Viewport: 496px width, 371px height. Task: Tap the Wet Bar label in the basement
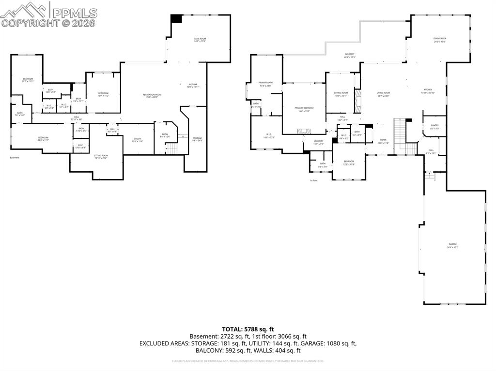coord(193,86)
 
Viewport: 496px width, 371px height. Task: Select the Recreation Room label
coord(152,95)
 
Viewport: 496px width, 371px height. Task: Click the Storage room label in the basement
coord(197,139)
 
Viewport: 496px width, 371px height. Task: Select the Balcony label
coord(350,55)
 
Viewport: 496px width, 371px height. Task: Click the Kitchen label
coord(428,90)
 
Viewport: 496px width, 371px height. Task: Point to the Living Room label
coord(383,94)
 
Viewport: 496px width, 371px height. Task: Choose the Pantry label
coord(434,127)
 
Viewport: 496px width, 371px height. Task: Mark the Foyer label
coord(383,141)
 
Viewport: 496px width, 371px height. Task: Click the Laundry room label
coord(318,142)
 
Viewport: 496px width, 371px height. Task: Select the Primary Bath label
coord(265,84)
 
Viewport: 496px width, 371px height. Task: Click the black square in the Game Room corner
coord(176,18)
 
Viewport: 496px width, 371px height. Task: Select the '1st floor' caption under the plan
coord(313,180)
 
